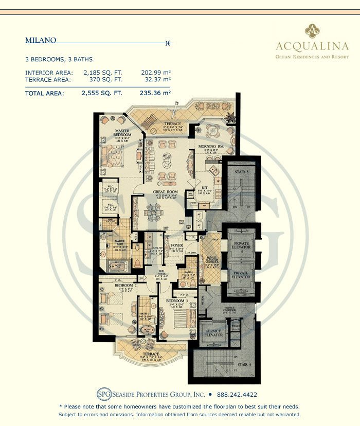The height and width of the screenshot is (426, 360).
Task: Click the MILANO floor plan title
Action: click(x=41, y=40)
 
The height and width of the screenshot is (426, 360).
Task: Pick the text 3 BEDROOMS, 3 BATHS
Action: click(x=59, y=60)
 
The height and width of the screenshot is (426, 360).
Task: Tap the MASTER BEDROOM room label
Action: click(x=122, y=132)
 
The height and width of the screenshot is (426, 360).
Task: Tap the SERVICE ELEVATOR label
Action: click(x=212, y=333)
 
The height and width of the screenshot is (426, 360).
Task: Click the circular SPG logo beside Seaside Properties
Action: click(x=103, y=395)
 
